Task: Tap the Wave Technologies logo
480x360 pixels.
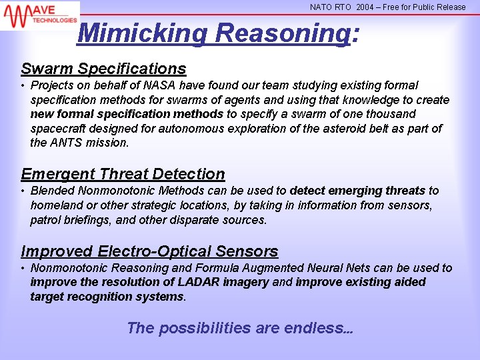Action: (39, 14)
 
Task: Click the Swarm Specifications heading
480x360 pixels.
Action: (103, 69)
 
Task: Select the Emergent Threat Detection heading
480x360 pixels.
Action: (123, 174)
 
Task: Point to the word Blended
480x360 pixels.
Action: (54, 191)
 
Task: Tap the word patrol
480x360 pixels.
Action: (46, 220)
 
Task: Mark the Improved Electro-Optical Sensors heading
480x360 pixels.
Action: (149, 251)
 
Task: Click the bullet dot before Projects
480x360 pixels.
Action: (23, 86)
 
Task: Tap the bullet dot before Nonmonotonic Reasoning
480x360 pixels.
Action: (23, 269)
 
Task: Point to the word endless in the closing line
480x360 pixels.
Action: (316, 328)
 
